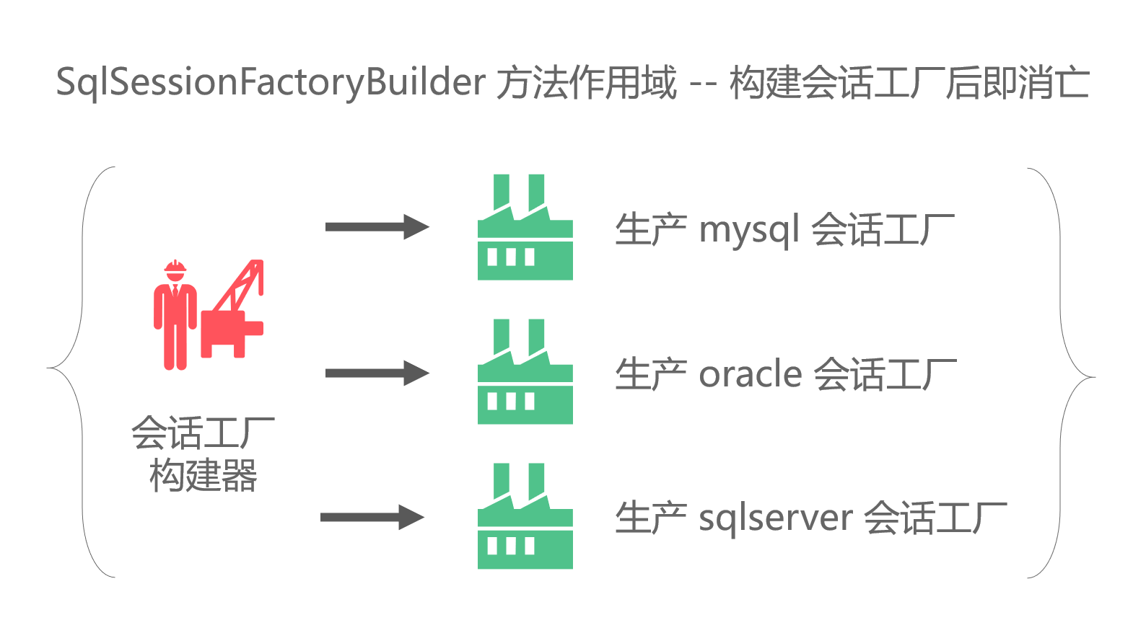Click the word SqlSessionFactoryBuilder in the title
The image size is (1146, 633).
(x=271, y=83)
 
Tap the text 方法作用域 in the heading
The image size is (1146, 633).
(x=587, y=83)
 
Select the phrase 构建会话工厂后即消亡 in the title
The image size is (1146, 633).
(x=909, y=83)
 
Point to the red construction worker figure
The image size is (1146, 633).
(x=175, y=317)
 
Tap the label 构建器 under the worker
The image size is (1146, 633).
(x=204, y=476)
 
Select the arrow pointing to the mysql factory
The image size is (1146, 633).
(x=377, y=226)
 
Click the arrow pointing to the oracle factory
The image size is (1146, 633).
(x=377, y=373)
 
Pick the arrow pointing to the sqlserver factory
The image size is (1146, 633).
(x=372, y=517)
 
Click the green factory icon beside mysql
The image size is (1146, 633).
(x=525, y=231)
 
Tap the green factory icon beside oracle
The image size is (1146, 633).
(x=525, y=375)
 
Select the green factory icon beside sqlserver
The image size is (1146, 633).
(x=525, y=519)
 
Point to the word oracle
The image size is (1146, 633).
(x=751, y=375)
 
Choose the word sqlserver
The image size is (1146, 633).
(x=776, y=519)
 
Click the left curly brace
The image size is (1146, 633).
(x=82, y=371)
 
